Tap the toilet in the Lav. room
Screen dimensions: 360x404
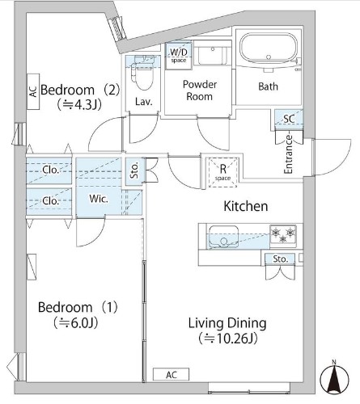[143, 74]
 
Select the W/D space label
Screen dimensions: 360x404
[179, 56]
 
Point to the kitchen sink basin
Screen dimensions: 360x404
[223, 237]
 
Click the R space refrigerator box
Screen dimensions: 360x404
[222, 173]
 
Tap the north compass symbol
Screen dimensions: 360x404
[335, 378]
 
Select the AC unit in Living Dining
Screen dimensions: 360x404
[171, 374]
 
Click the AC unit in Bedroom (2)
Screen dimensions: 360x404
[33, 91]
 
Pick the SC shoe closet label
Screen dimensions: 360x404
[289, 119]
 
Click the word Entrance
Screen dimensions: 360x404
[288, 154]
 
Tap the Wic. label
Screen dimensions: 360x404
[99, 199]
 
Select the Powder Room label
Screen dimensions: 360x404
[200, 90]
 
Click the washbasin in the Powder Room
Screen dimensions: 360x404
[213, 56]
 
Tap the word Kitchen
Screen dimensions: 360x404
[246, 206]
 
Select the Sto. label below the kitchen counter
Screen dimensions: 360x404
[281, 259]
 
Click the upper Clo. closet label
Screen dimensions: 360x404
[50, 170]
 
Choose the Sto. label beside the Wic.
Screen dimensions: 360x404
[134, 170]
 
